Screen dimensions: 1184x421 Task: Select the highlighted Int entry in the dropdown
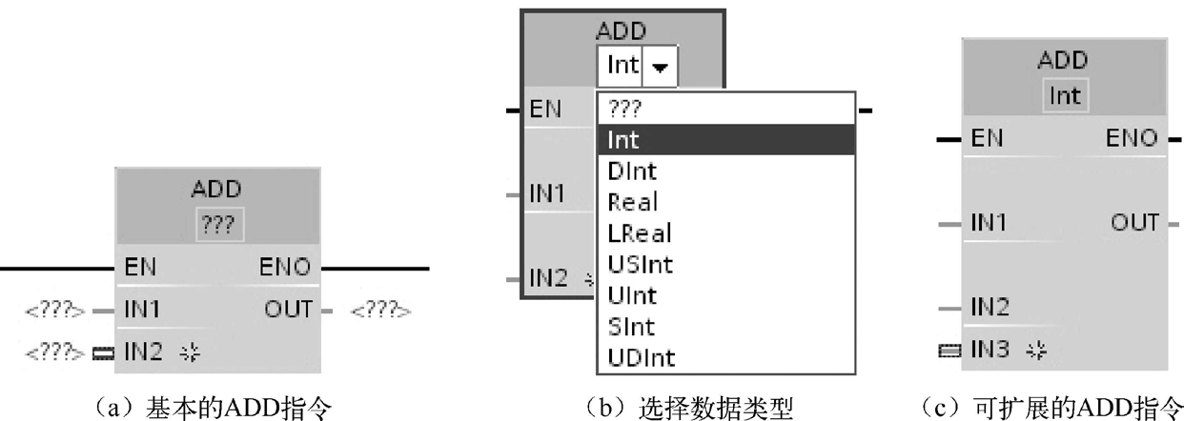tap(623, 140)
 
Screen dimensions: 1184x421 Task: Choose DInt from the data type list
tap(632, 171)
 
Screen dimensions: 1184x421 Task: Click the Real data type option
tap(632, 202)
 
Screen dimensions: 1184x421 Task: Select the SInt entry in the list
tap(629, 327)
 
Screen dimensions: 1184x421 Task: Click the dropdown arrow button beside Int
tap(659, 68)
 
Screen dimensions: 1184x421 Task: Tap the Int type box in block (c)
tap(1063, 96)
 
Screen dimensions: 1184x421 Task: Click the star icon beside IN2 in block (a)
tap(179, 354)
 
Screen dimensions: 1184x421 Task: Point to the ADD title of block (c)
tap(1063, 59)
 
